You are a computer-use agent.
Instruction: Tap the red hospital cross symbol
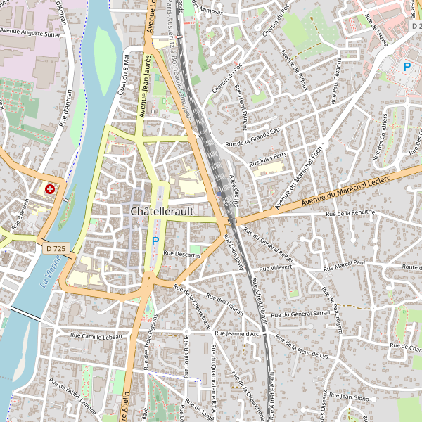click(50, 189)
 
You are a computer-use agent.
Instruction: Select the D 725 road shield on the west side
click(56, 248)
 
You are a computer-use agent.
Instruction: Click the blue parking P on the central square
click(155, 241)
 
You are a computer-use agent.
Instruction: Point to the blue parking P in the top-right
click(407, 67)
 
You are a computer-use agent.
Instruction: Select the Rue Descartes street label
click(182, 255)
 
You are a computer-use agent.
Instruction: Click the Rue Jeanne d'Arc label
click(237, 333)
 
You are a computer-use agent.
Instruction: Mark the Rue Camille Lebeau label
click(96, 337)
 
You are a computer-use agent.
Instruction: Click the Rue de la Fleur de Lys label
click(302, 347)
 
